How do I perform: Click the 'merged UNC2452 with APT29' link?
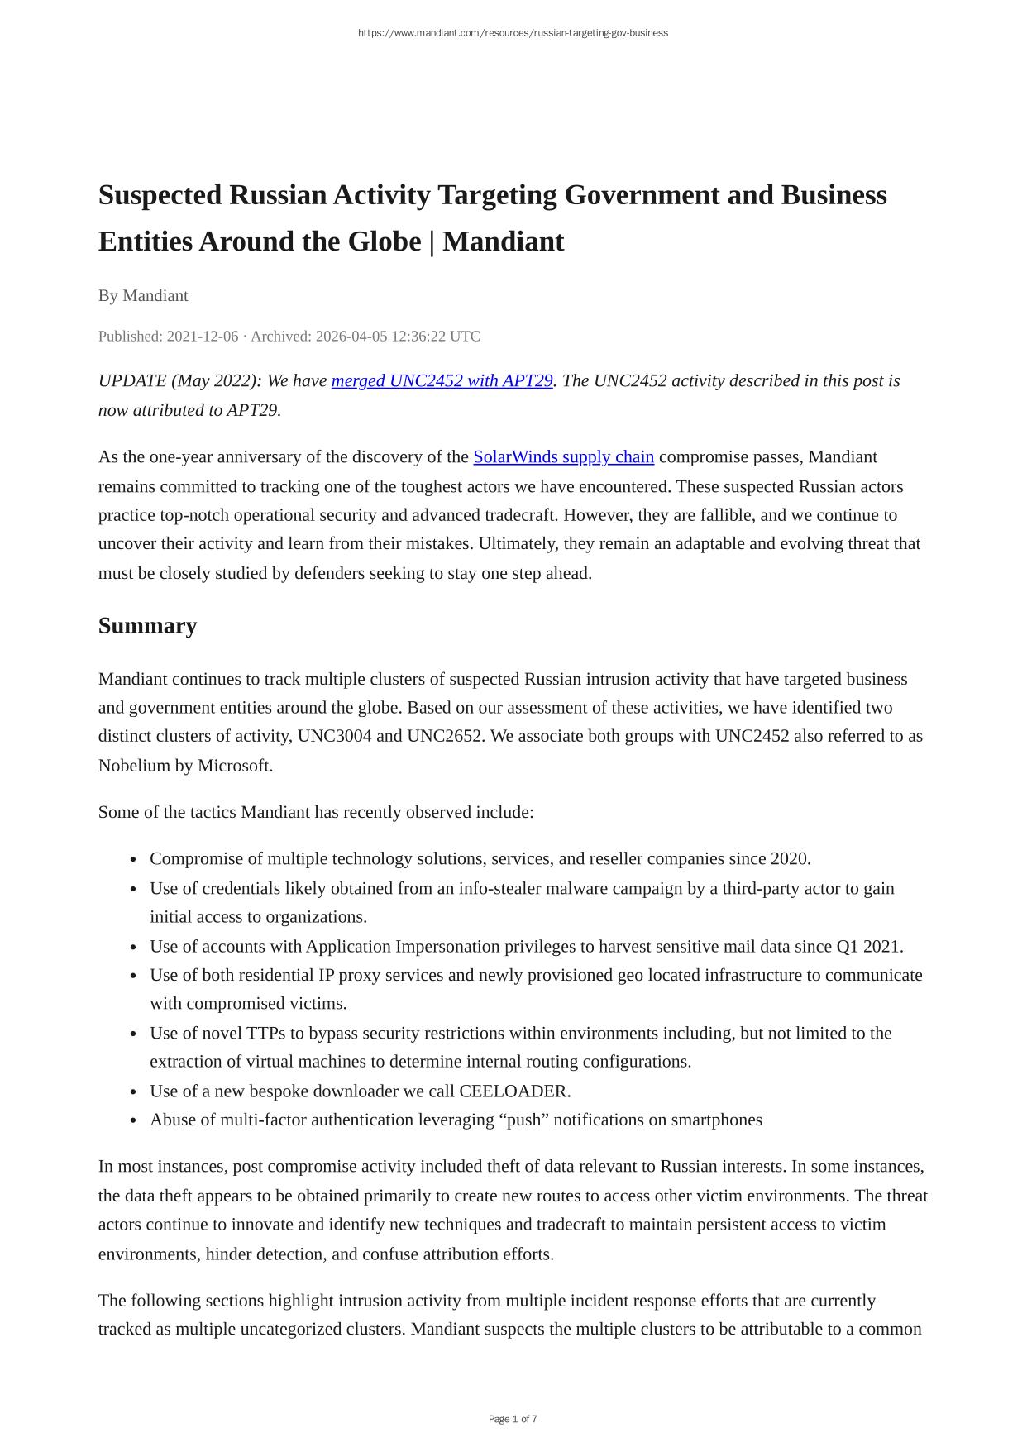tap(442, 381)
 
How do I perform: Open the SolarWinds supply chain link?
tap(563, 457)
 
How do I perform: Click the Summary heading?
tap(147, 626)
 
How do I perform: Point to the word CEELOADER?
tap(513, 1091)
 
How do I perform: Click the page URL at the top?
tap(513, 33)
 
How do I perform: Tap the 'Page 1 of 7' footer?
tap(513, 1420)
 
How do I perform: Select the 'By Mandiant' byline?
tap(143, 296)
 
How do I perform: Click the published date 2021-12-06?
tap(203, 337)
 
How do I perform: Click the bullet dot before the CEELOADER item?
tap(133, 1092)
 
